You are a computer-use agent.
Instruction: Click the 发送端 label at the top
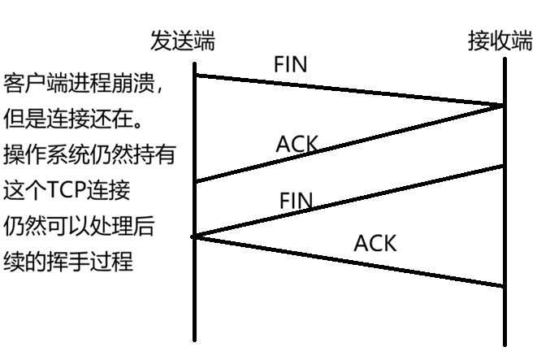183,41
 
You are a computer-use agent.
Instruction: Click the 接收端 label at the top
500,41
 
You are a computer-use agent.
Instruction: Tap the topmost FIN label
290,64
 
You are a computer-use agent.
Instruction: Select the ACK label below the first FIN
297,144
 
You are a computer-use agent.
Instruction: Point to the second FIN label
296,201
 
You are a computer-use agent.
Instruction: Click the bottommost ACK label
375,243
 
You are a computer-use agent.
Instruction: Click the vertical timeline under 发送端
195,202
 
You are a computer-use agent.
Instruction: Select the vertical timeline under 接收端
505,202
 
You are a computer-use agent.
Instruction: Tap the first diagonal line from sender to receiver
349,90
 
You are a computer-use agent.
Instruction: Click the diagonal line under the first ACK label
349,143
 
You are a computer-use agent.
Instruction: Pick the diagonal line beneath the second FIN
348,201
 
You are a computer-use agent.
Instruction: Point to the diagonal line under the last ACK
348,262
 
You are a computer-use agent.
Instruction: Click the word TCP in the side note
67,190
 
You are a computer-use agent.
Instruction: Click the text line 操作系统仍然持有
89,154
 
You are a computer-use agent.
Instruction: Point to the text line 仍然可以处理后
79,226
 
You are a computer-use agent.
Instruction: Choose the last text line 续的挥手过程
68,261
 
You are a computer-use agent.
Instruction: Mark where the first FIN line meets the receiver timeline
504,106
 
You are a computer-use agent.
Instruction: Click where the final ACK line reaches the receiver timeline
504,287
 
